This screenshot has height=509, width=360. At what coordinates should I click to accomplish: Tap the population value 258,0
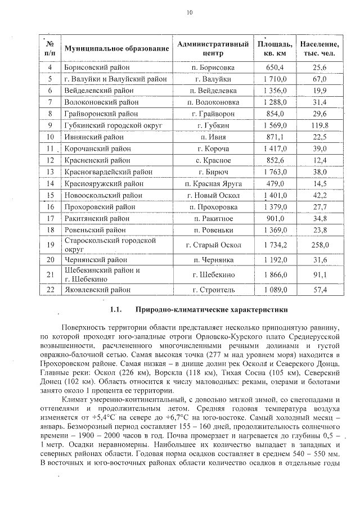tap(319, 245)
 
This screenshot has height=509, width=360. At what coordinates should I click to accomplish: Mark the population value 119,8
tap(319, 125)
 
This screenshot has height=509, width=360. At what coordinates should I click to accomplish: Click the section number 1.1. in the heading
tap(116, 310)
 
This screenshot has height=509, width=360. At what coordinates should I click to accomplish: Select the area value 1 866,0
tap(274, 274)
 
